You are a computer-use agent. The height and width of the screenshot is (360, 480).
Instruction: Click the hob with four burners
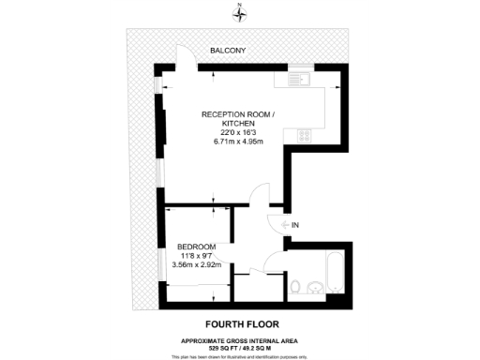pos(304,135)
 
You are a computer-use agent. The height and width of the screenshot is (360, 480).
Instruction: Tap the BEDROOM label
pos(196,246)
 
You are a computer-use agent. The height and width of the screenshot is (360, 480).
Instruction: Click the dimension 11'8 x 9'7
pos(196,256)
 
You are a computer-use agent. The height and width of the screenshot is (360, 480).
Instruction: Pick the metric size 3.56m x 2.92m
pos(196,266)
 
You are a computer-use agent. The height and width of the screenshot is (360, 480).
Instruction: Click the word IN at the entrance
pos(295,226)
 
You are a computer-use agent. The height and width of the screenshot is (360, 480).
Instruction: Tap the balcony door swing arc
pos(186,57)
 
